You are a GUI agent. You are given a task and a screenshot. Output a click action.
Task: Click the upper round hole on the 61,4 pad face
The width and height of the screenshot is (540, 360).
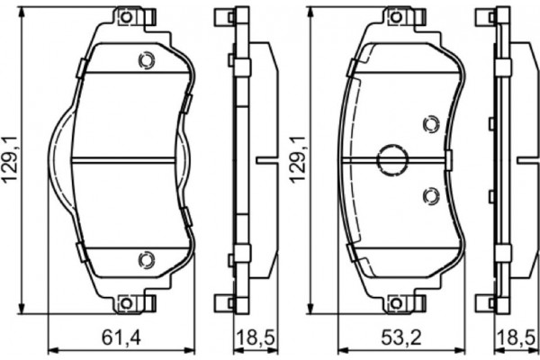click(143, 61)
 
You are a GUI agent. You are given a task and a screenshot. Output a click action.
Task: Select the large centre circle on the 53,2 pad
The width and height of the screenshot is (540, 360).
click(391, 160)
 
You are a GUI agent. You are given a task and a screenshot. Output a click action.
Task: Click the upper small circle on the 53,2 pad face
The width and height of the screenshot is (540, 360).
click(429, 126)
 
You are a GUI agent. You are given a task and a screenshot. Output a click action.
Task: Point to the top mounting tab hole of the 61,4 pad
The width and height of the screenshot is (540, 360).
click(126, 17)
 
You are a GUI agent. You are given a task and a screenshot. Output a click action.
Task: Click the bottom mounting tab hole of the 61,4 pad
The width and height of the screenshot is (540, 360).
click(126, 303)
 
